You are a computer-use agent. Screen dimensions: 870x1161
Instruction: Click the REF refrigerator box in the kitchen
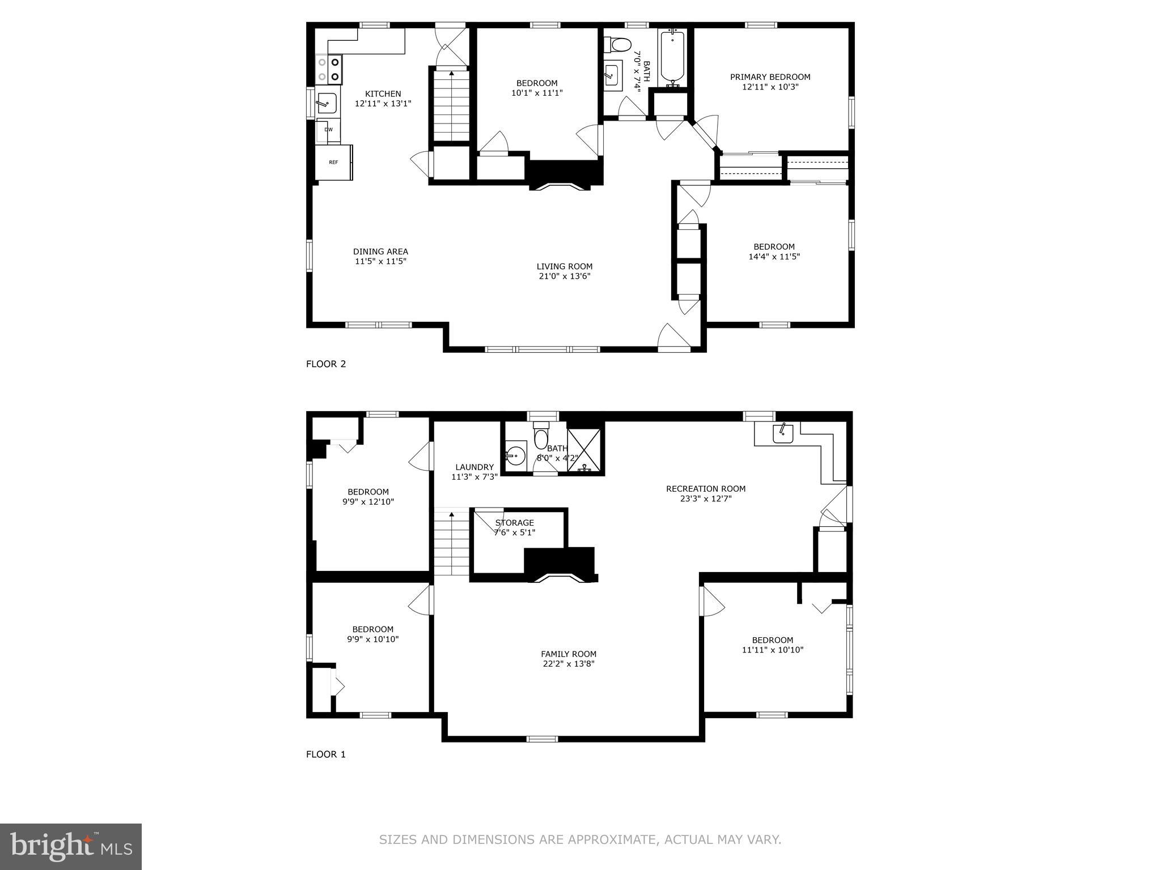pos(333,163)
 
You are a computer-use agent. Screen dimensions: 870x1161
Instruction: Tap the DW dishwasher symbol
pos(328,130)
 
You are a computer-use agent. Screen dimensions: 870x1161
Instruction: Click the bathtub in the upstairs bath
pos(673,57)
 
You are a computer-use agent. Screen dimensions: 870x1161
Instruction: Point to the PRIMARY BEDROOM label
pos(770,77)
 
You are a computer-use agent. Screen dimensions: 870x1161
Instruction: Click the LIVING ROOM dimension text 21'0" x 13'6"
pos(565,276)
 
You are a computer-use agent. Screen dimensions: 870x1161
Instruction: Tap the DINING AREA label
pos(380,251)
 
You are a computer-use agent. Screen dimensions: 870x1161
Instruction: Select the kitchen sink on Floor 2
pos(327,103)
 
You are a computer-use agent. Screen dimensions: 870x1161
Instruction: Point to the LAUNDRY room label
pos(474,467)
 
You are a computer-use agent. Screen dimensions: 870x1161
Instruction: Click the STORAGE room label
pos(514,523)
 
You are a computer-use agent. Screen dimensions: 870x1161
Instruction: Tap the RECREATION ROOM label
pos(706,488)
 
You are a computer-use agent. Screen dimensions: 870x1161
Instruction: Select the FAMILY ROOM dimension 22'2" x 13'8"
pos(568,664)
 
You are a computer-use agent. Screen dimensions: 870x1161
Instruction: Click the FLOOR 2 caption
pos(326,364)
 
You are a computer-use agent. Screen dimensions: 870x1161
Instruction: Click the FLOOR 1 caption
pos(326,754)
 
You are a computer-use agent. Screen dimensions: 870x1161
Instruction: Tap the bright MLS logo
pos(71,847)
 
